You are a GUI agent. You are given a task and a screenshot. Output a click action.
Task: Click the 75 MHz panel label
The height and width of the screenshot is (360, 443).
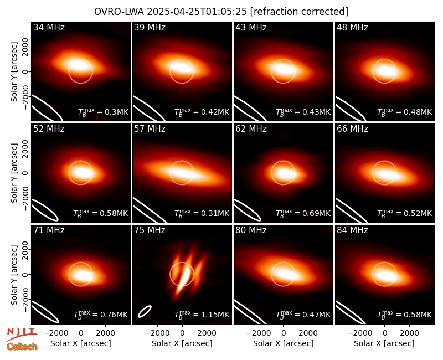pyautogui.click(x=150, y=230)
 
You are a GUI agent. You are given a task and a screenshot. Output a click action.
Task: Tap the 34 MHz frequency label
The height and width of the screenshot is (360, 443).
pyautogui.click(x=49, y=27)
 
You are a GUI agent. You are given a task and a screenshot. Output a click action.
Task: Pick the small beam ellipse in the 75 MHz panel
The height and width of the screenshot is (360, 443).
pyautogui.click(x=145, y=311)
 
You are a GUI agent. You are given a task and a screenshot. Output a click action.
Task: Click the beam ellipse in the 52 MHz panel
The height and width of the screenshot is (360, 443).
pyautogui.click(x=45, y=210)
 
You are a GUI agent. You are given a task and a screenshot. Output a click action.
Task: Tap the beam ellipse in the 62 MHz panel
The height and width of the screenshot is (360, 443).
pyautogui.click(x=248, y=210)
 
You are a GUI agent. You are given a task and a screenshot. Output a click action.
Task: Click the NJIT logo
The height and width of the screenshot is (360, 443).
pyautogui.click(x=22, y=334)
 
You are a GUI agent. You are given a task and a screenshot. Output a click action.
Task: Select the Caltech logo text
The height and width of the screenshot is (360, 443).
pyautogui.click(x=22, y=347)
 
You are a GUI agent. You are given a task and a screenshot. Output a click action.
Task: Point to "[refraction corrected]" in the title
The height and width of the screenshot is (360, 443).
pyautogui.click(x=300, y=12)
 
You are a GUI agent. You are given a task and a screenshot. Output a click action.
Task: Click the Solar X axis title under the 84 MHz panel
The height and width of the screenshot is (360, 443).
pyautogui.click(x=384, y=343)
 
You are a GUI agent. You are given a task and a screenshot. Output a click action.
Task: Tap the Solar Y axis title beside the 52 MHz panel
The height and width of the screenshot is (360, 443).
pyautogui.click(x=14, y=173)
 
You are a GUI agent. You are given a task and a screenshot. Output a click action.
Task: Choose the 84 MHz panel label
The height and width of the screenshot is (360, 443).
pyautogui.click(x=352, y=230)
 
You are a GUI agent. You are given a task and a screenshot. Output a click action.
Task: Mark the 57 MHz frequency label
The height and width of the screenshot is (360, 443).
pyautogui.click(x=150, y=129)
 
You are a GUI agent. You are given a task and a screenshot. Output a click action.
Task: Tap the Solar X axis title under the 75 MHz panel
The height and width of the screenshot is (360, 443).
pyautogui.click(x=182, y=343)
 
